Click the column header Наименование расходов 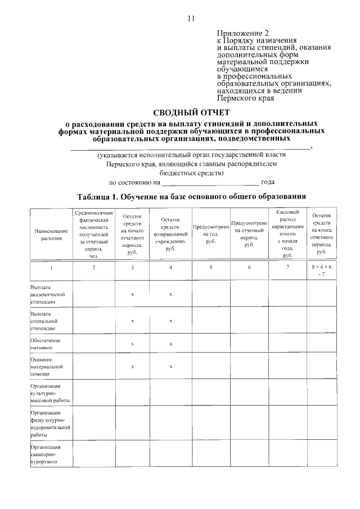51,235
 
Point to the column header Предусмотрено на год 211,234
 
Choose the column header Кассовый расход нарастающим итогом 287,233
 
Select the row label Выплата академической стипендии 48,294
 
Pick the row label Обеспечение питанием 46,344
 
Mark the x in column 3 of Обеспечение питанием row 132,344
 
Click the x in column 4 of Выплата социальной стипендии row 170,321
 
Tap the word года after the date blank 268,183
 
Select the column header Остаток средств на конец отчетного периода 321,234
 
